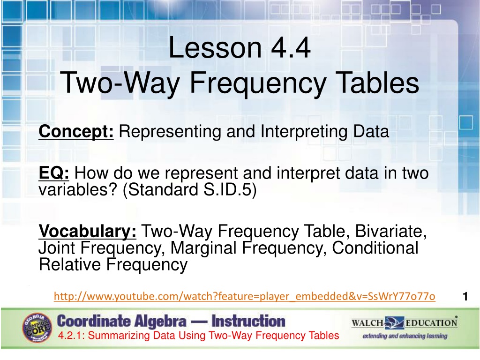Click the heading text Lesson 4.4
coord(240,47)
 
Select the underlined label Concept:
coord(76,132)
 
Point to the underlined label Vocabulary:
coord(88,232)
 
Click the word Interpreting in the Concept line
coord(304,132)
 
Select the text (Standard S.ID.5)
coord(189,189)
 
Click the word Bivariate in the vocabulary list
coord(390,231)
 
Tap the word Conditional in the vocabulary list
coord(375,247)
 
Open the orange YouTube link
coord(244,296)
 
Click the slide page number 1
coord(465,296)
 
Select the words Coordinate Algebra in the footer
coord(121,321)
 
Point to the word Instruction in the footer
coord(248,321)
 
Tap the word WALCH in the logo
coord(367,323)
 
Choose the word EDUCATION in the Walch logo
coord(432,323)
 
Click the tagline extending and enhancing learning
coord(405,336)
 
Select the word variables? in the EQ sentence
coord(78,189)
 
